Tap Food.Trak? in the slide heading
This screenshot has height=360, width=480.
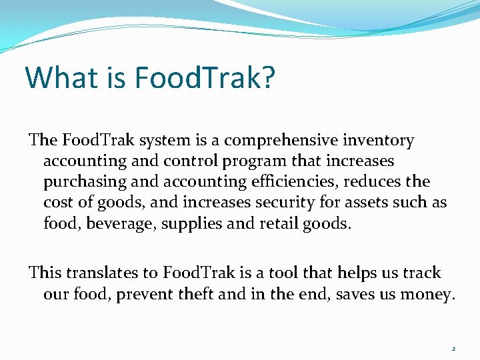(205, 77)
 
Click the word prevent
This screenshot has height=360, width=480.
(143, 293)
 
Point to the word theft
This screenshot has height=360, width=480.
(195, 293)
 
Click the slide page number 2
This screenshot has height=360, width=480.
(453, 349)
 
